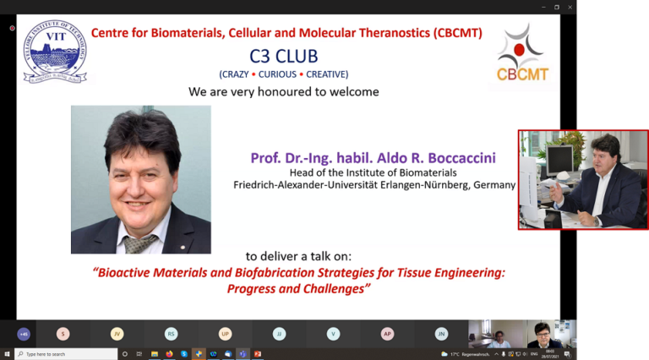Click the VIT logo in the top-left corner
(x=54, y=52)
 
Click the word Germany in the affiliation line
(x=491, y=185)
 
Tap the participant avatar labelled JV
(x=117, y=334)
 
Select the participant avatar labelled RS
(x=171, y=334)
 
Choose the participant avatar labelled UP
(x=225, y=334)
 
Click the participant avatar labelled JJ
(x=279, y=334)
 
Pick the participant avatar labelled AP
(x=387, y=334)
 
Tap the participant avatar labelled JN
(x=441, y=334)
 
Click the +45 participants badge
(x=23, y=334)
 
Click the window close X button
(x=570, y=7)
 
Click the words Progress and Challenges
(x=299, y=289)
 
